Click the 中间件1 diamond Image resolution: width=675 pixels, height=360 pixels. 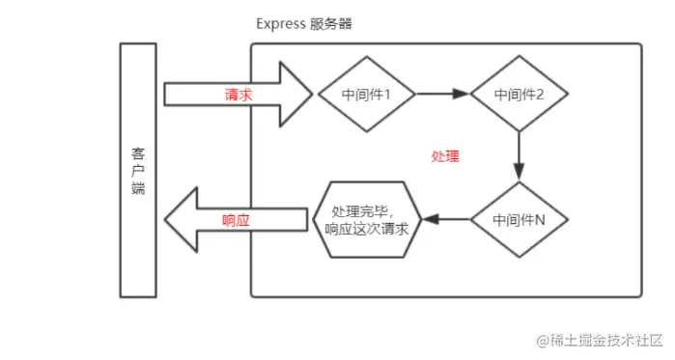click(365, 95)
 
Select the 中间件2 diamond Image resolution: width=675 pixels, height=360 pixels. click(519, 95)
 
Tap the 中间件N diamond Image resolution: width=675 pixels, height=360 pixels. click(519, 219)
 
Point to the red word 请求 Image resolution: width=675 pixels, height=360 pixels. click(238, 95)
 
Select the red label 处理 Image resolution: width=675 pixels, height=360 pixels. click(445, 156)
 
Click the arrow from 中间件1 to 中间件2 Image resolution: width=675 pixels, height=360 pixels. click(442, 95)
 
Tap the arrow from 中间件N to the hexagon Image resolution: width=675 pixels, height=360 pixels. click(448, 219)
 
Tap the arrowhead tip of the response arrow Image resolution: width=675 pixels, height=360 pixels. click(166, 220)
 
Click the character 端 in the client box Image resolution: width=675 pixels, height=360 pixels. click(138, 189)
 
